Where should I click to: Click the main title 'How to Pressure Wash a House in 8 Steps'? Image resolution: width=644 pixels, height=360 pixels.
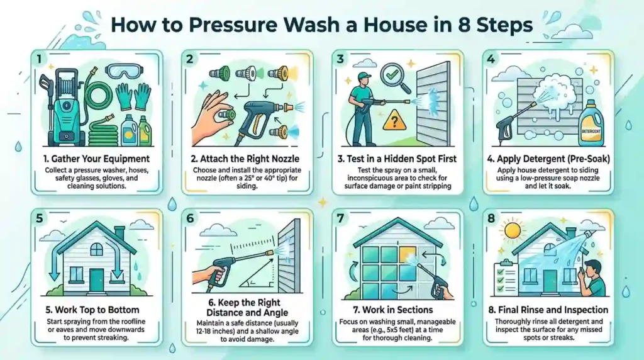point(322,27)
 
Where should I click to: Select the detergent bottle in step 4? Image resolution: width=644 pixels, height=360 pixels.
point(594,126)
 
